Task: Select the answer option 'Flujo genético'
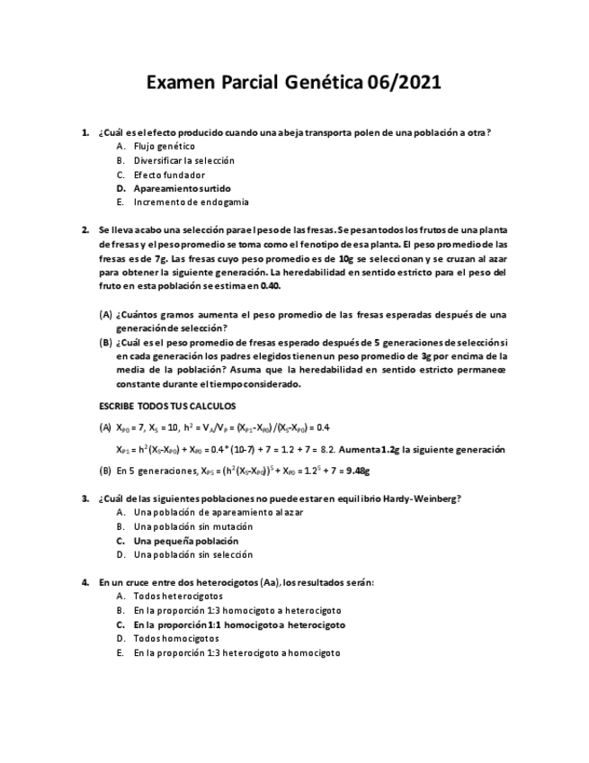(x=164, y=146)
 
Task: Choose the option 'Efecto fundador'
(x=169, y=175)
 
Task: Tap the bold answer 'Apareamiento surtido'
(x=182, y=189)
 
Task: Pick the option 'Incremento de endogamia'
(x=191, y=202)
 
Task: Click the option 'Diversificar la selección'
(x=183, y=160)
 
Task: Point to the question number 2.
(x=85, y=229)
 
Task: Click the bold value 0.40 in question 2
(x=270, y=286)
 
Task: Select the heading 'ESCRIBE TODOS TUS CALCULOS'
(x=166, y=406)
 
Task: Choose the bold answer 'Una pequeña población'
(x=185, y=541)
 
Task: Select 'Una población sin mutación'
(x=193, y=526)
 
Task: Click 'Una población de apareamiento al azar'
(x=219, y=512)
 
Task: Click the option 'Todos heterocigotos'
(x=178, y=596)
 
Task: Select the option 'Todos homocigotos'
(x=175, y=638)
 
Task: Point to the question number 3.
(x=85, y=498)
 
